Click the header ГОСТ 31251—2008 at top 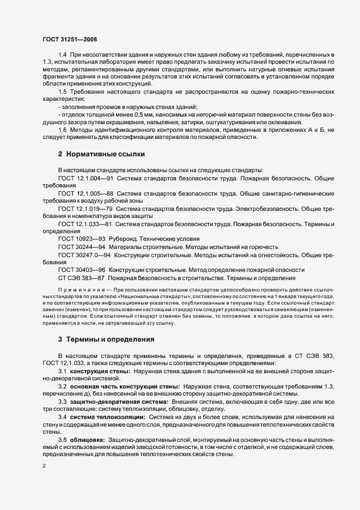(70, 39)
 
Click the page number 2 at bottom (44, 466)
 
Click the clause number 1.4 (62, 56)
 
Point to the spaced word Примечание (81, 302)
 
